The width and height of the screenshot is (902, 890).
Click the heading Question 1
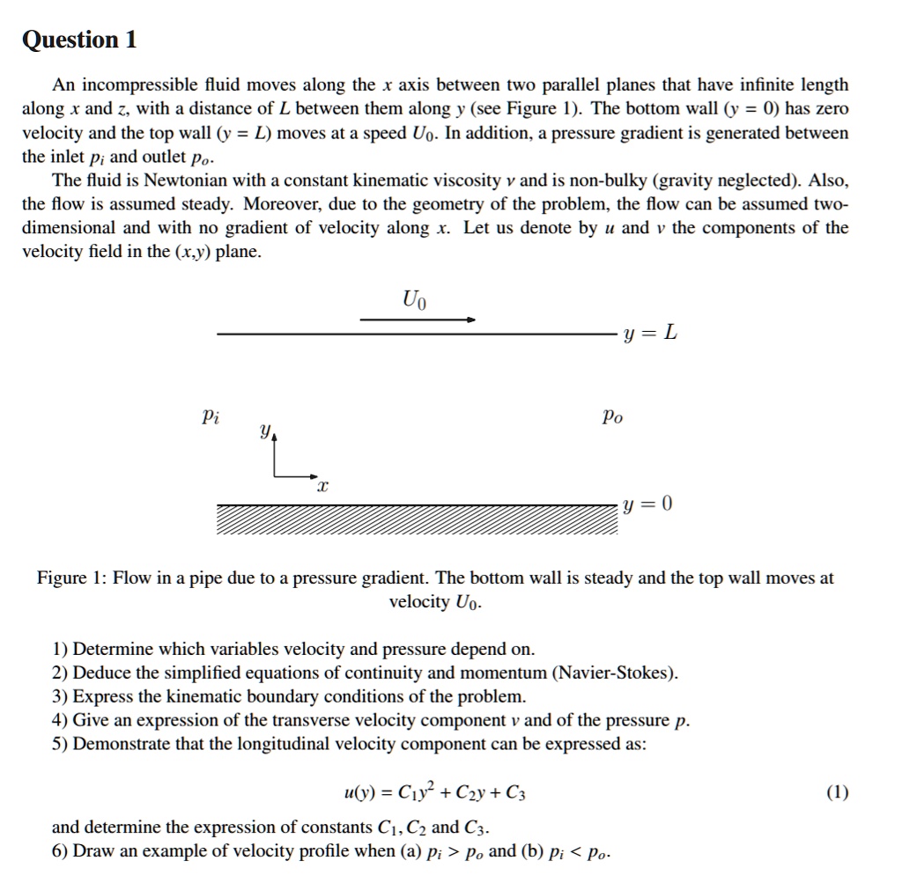click(x=79, y=40)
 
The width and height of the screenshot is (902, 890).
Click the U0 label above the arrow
click(x=413, y=300)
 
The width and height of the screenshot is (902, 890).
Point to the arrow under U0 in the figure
click(x=418, y=320)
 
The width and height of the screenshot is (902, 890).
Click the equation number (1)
click(x=838, y=793)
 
